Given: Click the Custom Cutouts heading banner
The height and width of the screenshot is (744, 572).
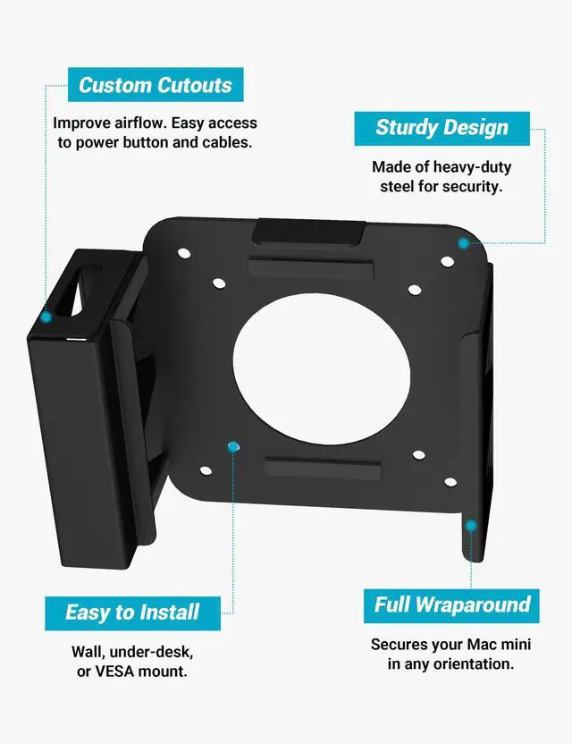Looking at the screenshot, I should click(x=155, y=85).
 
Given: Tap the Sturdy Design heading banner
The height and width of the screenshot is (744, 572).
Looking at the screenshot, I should click(x=442, y=127).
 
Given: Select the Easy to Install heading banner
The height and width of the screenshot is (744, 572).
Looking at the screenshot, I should click(x=131, y=613).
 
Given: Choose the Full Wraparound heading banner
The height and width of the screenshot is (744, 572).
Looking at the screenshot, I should click(x=452, y=604).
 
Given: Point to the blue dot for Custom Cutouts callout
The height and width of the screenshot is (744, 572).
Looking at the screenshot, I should click(x=46, y=317).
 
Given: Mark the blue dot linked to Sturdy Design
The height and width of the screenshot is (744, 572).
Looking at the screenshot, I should click(x=463, y=242).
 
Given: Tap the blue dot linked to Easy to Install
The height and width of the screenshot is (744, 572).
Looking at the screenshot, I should click(x=233, y=445).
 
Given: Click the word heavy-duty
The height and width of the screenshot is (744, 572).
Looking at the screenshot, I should click(x=472, y=167).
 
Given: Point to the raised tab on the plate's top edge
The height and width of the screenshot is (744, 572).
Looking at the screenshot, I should click(x=307, y=232).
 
